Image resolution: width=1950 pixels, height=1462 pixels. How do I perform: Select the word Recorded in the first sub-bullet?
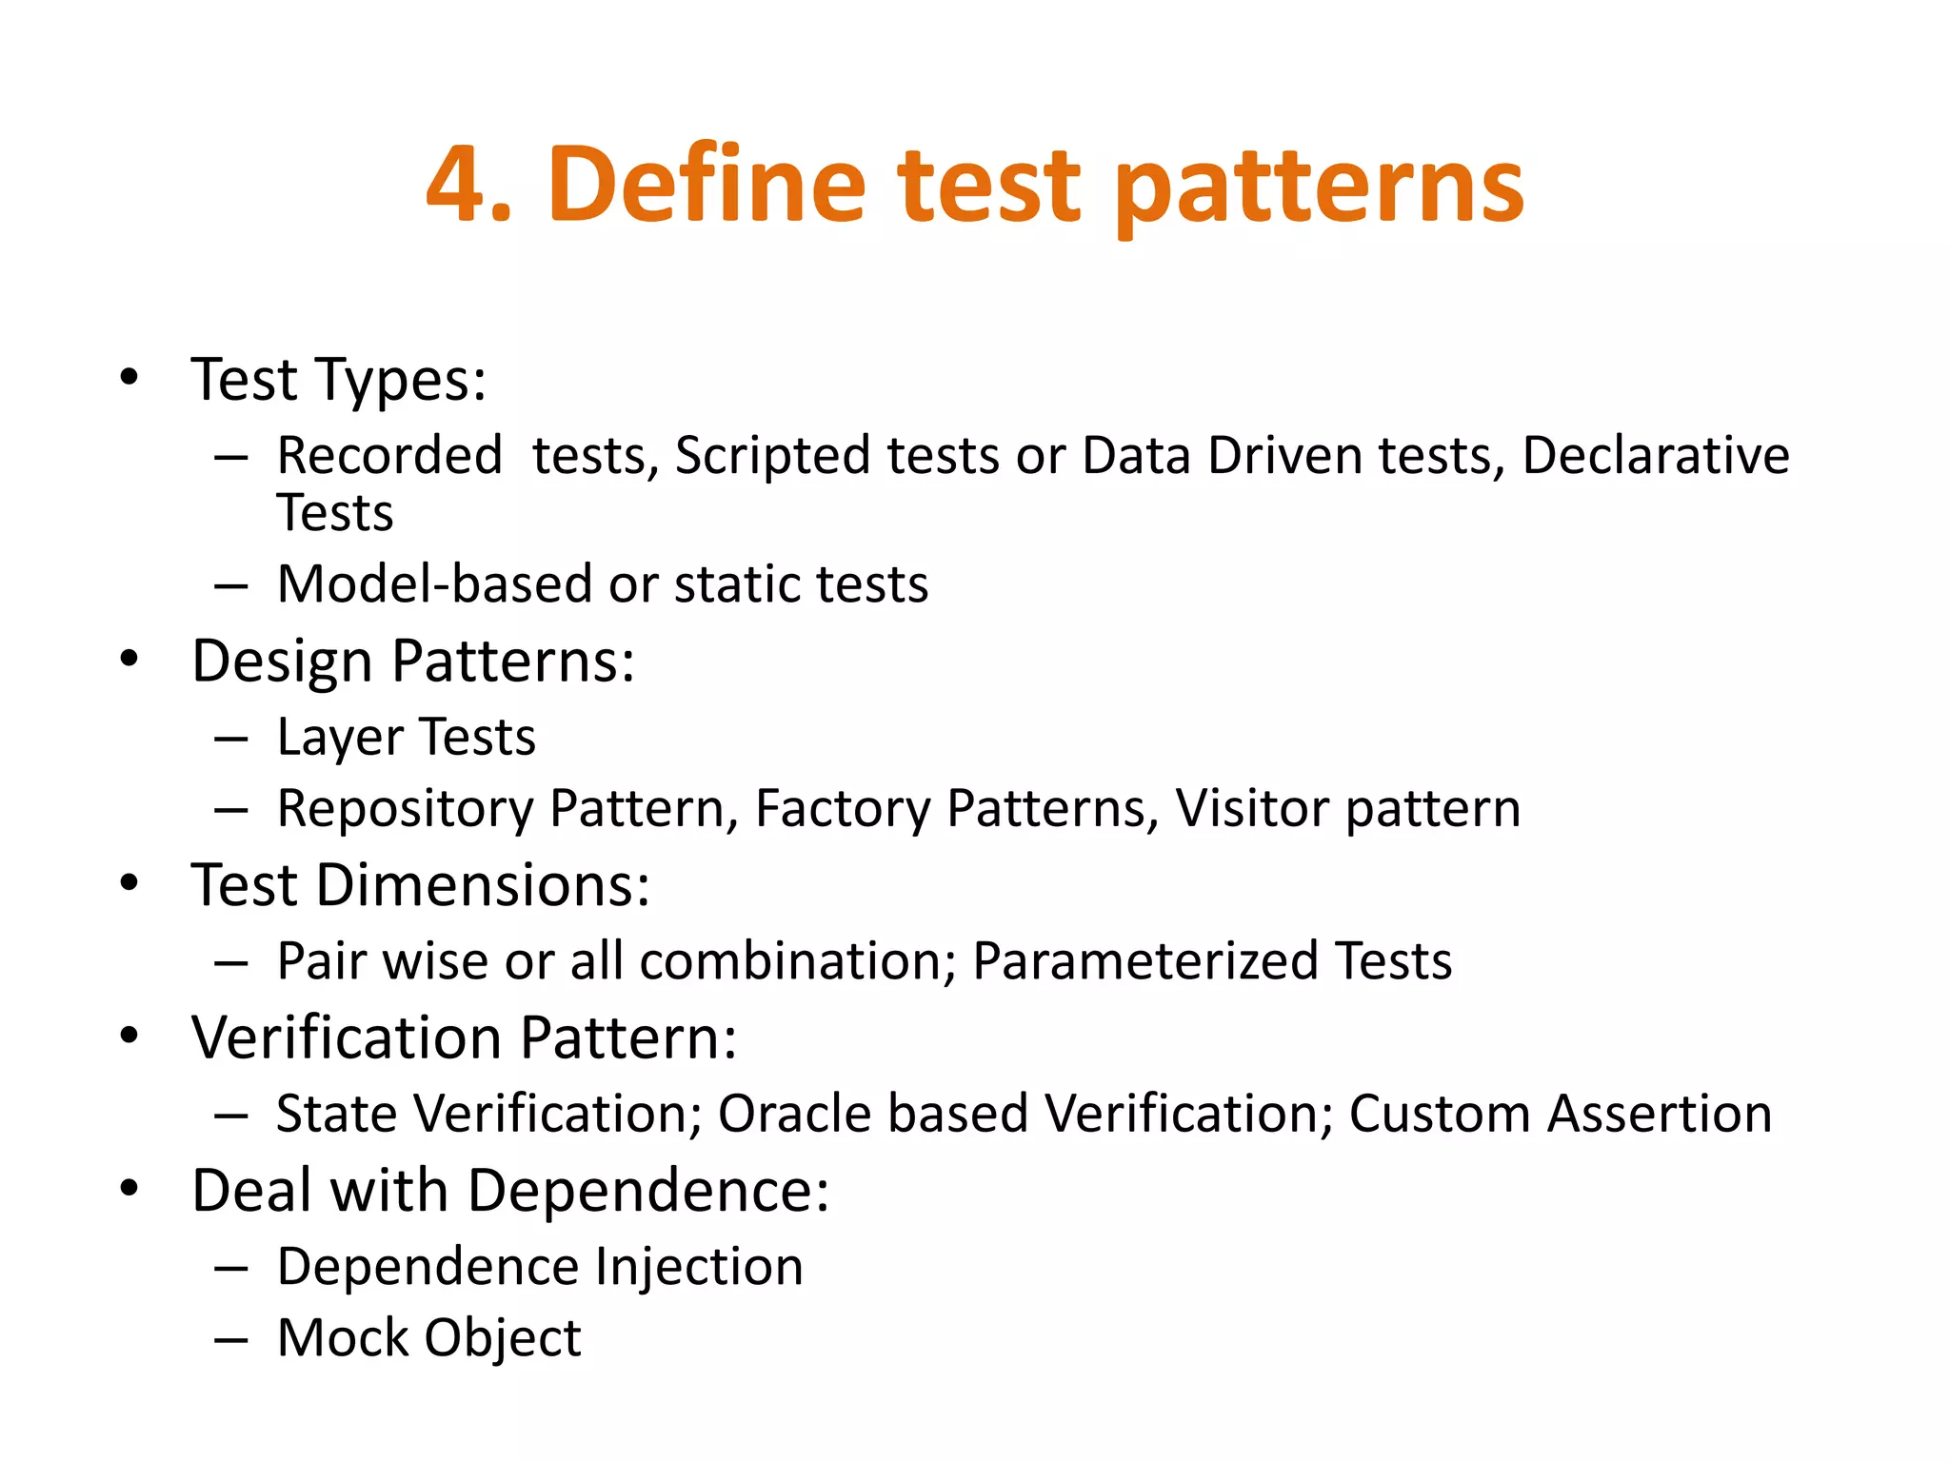click(389, 455)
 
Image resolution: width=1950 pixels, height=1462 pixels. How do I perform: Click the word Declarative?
click(1656, 455)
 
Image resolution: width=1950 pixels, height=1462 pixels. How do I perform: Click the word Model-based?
click(434, 583)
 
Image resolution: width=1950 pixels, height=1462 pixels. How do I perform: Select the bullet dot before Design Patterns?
click(129, 659)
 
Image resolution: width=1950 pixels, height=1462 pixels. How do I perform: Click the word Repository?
click(406, 810)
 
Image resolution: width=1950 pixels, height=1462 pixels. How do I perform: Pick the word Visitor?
click(1252, 808)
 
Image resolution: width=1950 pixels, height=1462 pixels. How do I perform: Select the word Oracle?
click(794, 1114)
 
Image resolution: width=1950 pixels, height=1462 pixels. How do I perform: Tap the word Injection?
click(699, 1267)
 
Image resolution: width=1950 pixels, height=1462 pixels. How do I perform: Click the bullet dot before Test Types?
click(129, 377)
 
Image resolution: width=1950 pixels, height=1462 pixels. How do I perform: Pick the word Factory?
click(843, 810)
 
